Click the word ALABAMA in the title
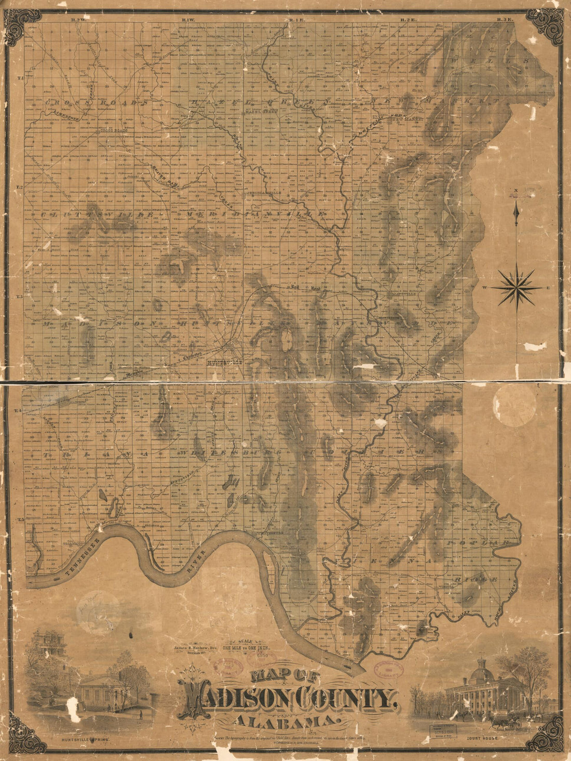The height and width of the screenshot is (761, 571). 285,722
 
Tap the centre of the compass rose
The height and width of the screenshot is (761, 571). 516,287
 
